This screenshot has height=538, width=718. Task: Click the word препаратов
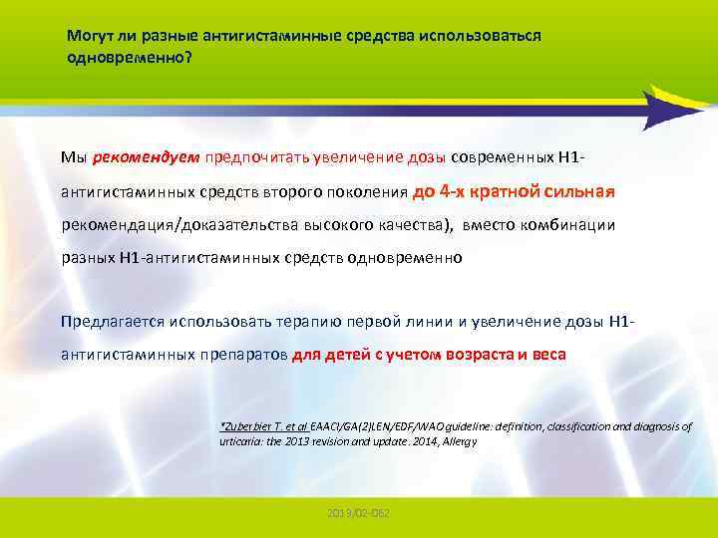click(x=240, y=355)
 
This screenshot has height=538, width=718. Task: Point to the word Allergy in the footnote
click(x=460, y=439)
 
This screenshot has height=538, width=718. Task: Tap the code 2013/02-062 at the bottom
click(x=358, y=512)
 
